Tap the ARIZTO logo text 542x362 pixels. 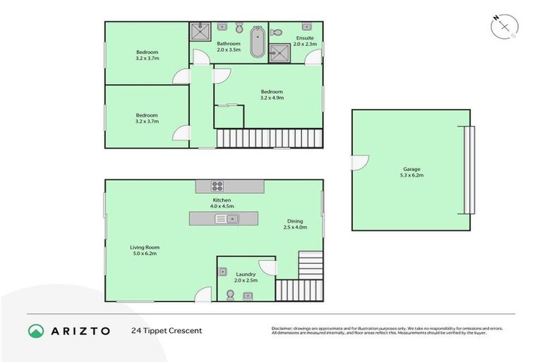coord(79,330)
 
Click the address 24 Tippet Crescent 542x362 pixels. coord(167,331)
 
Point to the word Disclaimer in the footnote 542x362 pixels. coord(284,328)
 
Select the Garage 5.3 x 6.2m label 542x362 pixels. coord(411,173)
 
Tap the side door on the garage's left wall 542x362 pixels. coord(359,163)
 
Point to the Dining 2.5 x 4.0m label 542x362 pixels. coord(294,224)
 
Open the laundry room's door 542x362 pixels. coord(268,267)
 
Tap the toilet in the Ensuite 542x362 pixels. coord(277,31)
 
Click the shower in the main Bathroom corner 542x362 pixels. coord(200,33)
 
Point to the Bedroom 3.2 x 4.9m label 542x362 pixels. coord(272,95)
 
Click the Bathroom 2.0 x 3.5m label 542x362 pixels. coord(229,47)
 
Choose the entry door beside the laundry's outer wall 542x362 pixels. coord(204,294)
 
